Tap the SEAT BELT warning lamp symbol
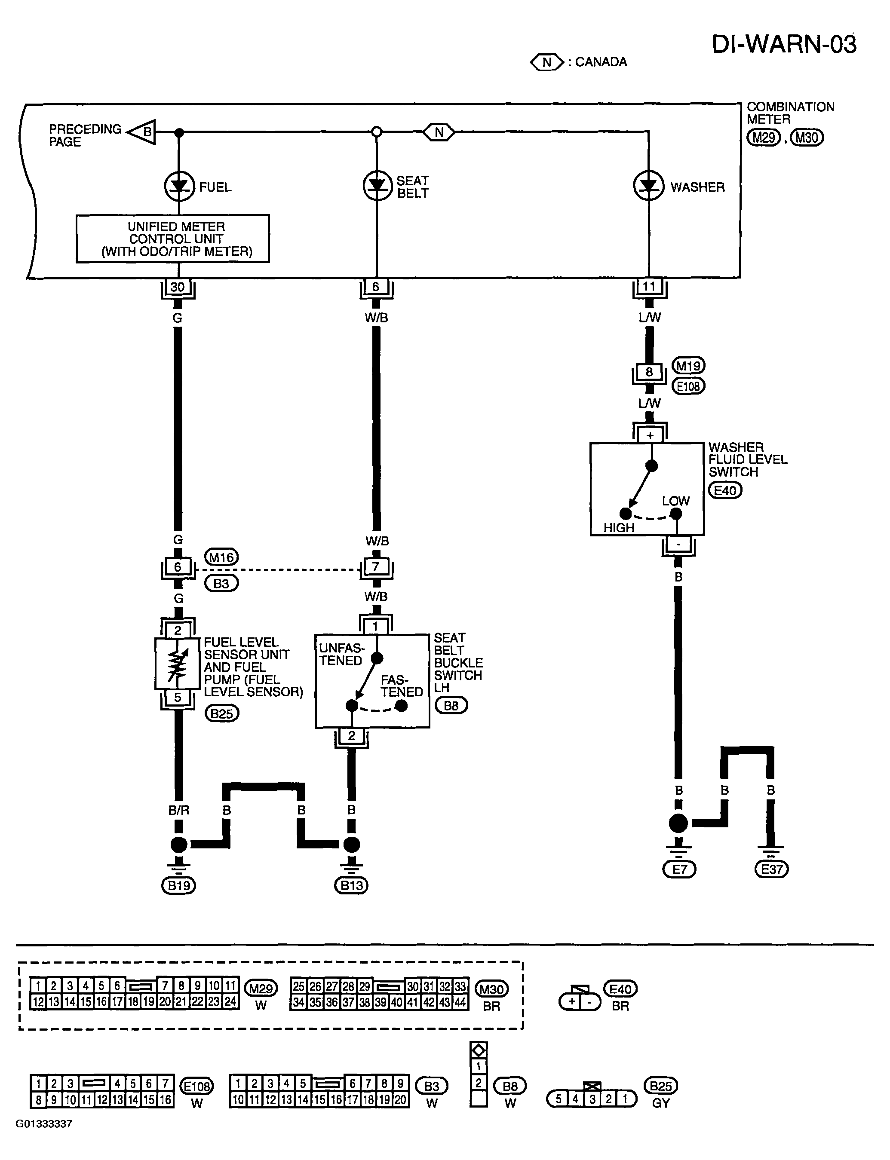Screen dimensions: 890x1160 [x=377, y=186]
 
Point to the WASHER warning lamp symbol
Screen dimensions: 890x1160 [x=648, y=186]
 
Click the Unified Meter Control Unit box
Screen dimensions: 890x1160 [x=173, y=239]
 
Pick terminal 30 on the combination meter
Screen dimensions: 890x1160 [x=178, y=287]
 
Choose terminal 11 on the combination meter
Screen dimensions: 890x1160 [x=649, y=287]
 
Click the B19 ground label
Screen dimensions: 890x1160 [x=178, y=885]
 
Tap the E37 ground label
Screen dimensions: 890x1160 [x=771, y=869]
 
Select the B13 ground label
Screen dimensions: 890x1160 [x=351, y=885]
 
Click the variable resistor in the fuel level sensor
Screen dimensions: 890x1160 [x=178, y=664]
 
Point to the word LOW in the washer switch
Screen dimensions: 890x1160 [x=675, y=501]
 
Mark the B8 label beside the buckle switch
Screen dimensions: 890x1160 [x=451, y=706]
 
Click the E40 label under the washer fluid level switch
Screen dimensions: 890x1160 [x=725, y=491]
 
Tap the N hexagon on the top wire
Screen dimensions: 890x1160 [x=439, y=132]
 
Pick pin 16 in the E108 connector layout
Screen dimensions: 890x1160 [x=165, y=1100]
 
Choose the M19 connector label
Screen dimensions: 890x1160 [x=689, y=366]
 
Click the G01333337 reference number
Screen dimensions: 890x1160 [x=43, y=1123]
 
